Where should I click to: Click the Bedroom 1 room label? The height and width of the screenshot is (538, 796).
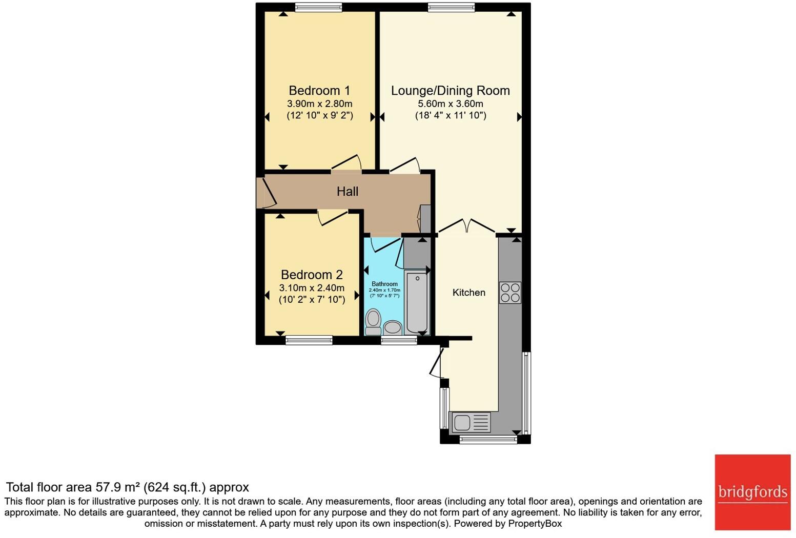(319, 91)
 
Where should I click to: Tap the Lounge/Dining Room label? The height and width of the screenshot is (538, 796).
(450, 91)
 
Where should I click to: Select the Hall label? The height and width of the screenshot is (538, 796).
(347, 192)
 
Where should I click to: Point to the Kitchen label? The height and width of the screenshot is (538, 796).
(468, 293)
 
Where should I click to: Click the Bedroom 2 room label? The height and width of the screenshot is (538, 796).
(312, 275)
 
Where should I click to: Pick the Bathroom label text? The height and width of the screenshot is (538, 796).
(384, 284)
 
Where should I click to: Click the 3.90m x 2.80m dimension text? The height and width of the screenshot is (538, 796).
(319, 104)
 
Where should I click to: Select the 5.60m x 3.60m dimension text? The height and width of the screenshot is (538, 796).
(450, 104)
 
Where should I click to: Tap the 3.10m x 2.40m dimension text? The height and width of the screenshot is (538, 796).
(312, 288)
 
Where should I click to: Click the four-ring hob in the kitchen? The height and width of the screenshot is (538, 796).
(510, 293)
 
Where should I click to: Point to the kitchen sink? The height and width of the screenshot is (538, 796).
(470, 422)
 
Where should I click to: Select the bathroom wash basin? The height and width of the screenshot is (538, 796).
(393, 327)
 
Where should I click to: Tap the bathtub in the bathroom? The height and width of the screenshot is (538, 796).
(417, 302)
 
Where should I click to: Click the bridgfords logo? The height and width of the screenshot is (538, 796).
(753, 492)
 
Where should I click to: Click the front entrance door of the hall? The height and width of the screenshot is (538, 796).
(267, 193)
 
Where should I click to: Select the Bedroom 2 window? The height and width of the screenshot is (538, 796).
(309, 340)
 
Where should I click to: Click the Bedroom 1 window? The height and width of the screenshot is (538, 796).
(318, 7)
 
